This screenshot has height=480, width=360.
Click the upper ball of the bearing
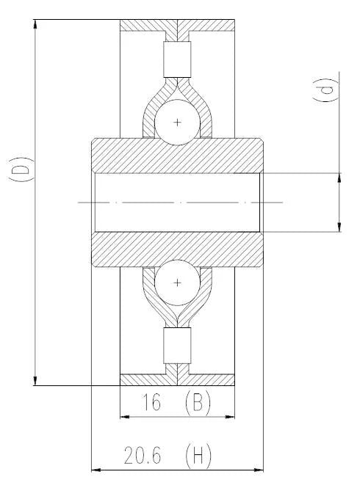coord(177,121)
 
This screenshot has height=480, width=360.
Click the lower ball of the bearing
coord(177,283)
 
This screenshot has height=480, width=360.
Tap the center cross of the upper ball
coord(177,121)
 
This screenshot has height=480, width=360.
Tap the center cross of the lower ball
coord(177,283)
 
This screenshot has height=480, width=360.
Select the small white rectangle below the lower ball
coord(177,346)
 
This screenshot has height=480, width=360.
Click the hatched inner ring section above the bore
coord(177,153)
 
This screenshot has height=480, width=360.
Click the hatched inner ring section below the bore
coord(177,250)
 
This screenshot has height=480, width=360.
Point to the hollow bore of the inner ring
coord(177,202)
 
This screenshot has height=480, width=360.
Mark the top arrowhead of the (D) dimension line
coord(35,23)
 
